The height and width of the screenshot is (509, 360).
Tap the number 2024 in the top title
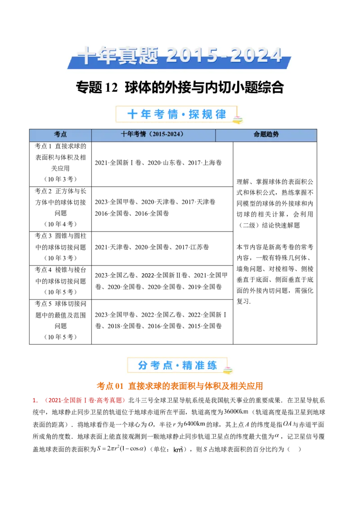[258, 56]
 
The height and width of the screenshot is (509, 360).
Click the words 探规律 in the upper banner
[207, 114]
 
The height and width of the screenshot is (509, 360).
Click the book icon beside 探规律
[237, 119]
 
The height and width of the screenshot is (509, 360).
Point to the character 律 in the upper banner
[220, 114]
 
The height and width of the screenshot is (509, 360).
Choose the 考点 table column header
[60, 134]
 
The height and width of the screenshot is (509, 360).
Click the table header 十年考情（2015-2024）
[153, 134]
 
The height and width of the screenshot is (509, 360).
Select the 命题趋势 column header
[266, 134]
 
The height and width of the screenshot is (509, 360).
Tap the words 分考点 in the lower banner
[155, 366]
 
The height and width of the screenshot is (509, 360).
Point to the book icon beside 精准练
[229, 371]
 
